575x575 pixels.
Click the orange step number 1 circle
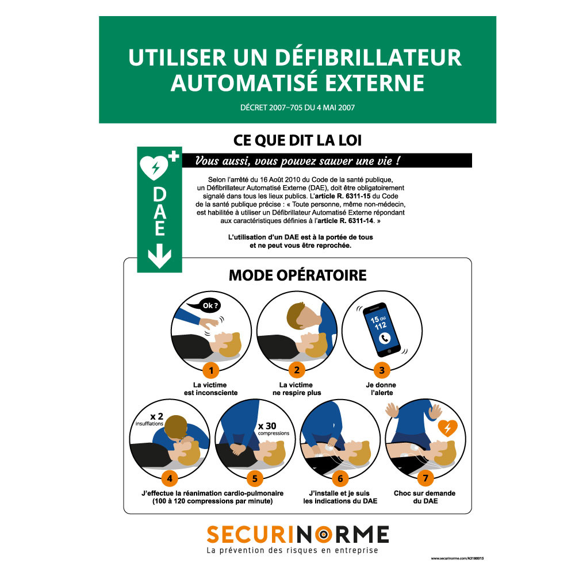(211, 370)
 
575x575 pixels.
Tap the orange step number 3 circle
(382, 370)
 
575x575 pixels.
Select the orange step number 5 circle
(255, 478)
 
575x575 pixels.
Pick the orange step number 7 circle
(425, 478)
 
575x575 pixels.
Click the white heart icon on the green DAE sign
(154, 167)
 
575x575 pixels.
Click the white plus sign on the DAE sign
(174, 156)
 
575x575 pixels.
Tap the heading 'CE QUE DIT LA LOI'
(297, 140)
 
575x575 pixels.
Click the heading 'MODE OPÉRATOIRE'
(297, 275)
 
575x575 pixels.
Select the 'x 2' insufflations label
(149, 419)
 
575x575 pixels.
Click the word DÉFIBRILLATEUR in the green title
(368, 57)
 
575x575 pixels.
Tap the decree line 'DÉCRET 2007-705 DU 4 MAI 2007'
(297, 108)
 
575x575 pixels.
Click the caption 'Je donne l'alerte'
(381, 389)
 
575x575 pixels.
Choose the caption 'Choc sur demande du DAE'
(425, 497)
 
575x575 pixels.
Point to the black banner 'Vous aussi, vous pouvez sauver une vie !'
(327, 160)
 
